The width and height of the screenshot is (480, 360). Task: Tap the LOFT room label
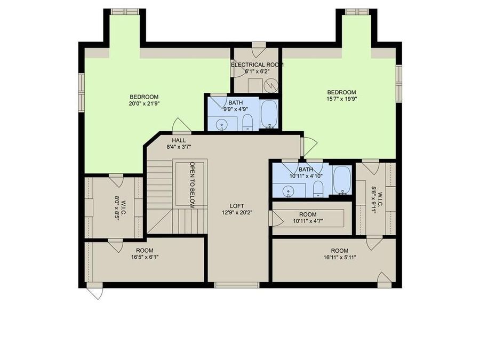click(237, 205)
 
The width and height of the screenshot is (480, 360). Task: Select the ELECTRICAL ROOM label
click(257, 65)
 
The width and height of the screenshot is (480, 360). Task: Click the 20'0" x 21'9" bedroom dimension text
click(144, 103)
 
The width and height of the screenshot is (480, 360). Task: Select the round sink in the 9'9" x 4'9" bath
click(222, 125)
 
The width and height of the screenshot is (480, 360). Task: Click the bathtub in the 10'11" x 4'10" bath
click(342, 180)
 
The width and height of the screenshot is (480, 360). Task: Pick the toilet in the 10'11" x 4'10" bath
click(318, 188)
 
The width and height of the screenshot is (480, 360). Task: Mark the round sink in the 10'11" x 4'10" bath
click(289, 190)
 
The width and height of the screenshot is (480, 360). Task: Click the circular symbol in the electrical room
click(272, 85)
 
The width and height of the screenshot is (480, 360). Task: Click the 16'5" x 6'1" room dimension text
click(144, 257)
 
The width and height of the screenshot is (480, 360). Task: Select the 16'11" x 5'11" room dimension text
click(339, 258)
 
